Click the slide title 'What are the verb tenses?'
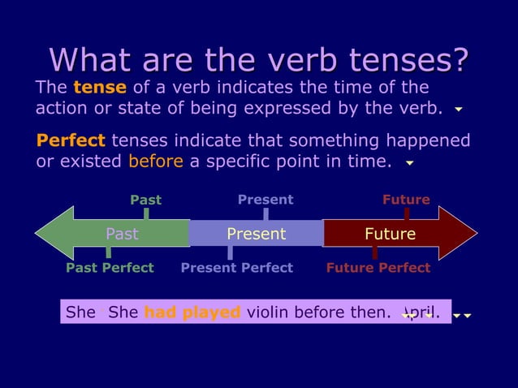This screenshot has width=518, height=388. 259,59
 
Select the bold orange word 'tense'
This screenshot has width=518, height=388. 99,88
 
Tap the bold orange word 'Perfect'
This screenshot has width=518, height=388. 71,140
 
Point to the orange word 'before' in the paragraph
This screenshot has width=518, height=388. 155,161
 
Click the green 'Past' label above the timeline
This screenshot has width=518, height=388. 146,200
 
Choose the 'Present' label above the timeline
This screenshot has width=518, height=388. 265,200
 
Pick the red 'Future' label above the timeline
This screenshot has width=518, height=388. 406,200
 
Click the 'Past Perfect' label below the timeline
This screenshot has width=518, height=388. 110,268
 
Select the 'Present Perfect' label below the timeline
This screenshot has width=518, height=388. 236,268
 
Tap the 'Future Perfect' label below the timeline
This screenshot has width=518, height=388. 378,268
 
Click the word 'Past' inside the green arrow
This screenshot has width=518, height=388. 122,235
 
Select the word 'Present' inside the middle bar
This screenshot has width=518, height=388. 256,235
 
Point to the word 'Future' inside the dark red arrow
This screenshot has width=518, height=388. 390,235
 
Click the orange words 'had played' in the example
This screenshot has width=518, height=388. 192,313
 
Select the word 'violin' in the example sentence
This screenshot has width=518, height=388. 268,313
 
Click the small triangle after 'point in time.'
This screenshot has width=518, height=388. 410,163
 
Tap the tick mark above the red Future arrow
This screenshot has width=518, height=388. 407,214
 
